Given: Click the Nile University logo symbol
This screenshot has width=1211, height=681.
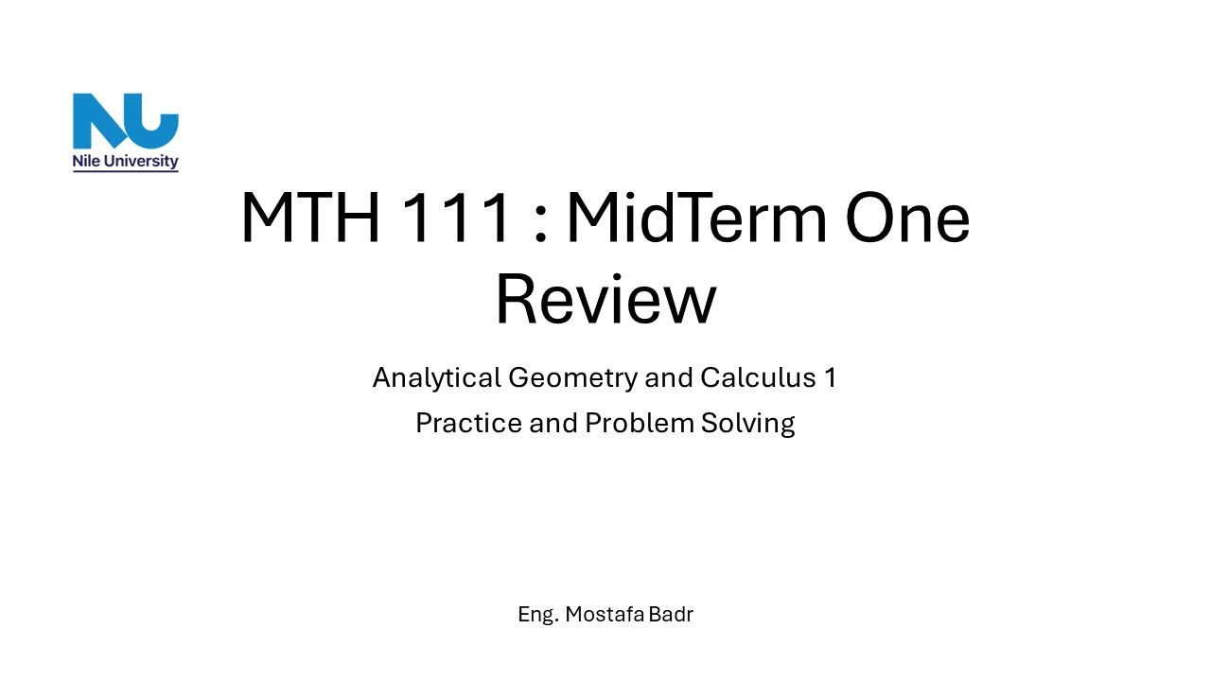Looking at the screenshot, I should [x=125, y=120].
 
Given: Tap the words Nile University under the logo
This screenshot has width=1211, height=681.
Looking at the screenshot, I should [x=125, y=162].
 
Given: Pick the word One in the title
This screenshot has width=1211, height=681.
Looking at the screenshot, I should [x=907, y=218].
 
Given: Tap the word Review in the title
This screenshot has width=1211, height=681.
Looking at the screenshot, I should [x=605, y=300].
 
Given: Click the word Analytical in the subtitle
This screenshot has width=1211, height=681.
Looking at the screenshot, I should [x=436, y=377].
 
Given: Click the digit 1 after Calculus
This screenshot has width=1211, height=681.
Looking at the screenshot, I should [x=830, y=377].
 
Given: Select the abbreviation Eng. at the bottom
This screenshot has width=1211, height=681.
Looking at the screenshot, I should [x=537, y=615].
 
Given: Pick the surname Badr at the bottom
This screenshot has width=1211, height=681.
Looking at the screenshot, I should [x=672, y=614].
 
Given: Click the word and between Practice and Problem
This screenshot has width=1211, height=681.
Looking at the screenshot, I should [x=553, y=423].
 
